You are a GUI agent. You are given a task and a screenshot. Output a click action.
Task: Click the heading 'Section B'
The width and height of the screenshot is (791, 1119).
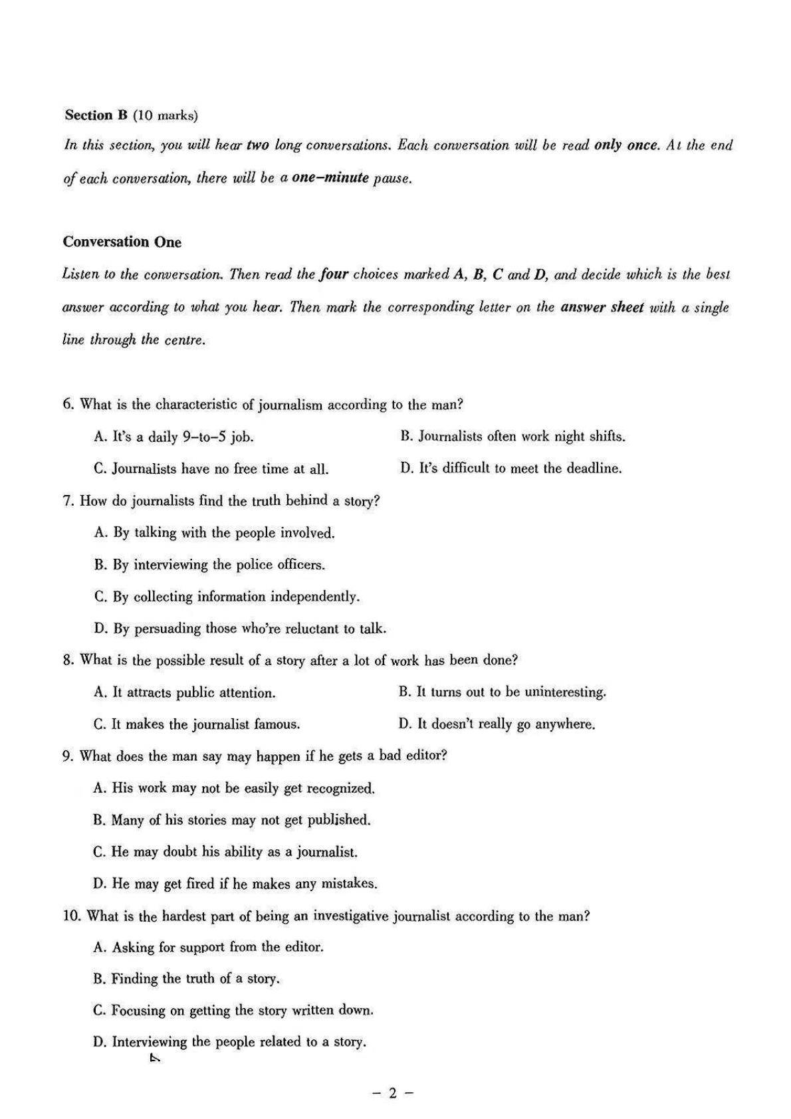coord(96,115)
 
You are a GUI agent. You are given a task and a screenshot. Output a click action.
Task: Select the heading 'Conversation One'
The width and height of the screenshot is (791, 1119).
coord(122,242)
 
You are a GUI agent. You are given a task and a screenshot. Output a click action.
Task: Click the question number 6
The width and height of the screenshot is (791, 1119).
coord(68,404)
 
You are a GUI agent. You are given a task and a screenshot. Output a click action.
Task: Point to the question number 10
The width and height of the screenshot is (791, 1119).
coord(72,916)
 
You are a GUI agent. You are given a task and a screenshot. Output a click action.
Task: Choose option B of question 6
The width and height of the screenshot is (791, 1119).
coord(512,437)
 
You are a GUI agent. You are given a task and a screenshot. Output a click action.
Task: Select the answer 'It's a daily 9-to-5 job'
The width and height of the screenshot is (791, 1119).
coord(173,437)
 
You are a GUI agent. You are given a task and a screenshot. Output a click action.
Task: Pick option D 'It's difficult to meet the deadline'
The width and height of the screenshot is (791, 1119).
coord(510,468)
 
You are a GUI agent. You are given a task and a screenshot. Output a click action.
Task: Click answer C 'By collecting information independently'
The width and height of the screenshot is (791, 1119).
coord(227,597)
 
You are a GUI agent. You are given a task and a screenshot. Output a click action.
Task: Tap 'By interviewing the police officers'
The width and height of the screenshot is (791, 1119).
coord(209,565)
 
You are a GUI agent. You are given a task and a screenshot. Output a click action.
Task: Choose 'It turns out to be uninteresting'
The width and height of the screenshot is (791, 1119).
coord(502,692)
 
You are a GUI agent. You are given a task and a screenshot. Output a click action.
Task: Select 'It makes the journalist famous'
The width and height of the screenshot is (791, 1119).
coord(197,724)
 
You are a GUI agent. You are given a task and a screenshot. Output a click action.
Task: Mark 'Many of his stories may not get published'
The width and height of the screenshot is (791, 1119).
coord(231,820)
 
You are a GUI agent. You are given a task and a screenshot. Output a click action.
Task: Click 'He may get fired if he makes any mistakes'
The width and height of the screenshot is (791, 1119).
coord(235,884)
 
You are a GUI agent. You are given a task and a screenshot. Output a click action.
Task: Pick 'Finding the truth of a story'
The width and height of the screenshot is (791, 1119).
coord(186,979)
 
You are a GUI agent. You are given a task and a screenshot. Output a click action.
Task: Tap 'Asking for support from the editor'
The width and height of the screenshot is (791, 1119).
coord(208,947)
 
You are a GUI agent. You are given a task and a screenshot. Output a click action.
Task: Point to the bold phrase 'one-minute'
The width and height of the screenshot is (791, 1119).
coord(330,178)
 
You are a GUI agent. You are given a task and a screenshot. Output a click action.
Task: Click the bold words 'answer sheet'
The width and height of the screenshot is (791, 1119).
coord(602,307)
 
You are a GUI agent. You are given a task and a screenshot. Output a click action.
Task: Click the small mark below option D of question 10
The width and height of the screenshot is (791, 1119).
coord(155,1059)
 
